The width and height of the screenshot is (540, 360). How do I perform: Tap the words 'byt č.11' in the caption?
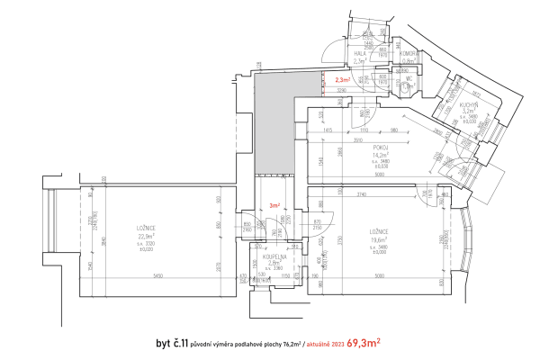point(172,343)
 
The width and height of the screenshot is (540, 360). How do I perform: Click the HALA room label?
point(358,54)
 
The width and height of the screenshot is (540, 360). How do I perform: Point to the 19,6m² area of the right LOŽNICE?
point(378,238)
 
